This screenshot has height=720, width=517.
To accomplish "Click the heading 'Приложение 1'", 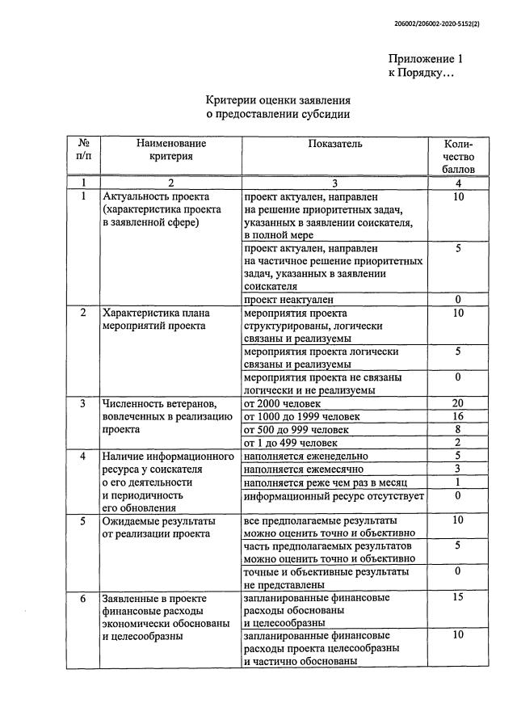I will [x=426, y=59].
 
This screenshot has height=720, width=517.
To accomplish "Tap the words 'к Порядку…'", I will [x=422, y=74].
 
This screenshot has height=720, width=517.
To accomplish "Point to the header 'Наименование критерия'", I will [x=170, y=149].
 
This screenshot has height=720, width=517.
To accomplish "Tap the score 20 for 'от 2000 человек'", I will [x=457, y=403].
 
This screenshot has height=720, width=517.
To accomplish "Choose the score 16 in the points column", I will [x=457, y=416].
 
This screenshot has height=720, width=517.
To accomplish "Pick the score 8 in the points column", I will [x=457, y=429].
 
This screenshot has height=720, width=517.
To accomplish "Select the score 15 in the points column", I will [x=457, y=598].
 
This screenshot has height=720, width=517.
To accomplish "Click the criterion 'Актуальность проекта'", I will [x=155, y=196].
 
